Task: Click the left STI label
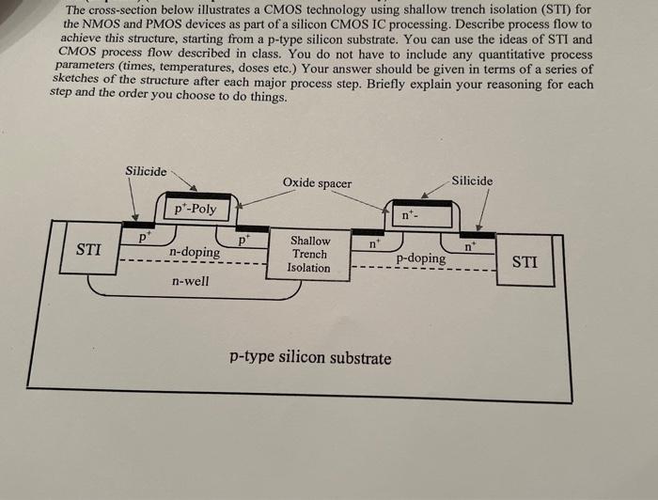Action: [88, 249]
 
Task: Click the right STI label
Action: [525, 261]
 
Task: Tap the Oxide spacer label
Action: [317, 183]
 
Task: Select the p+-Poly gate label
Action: [196, 209]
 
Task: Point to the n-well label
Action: [190, 280]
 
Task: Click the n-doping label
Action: [195, 252]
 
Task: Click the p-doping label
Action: [420, 258]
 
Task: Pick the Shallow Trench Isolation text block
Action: [310, 255]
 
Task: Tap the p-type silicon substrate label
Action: [310, 357]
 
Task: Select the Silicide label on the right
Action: [472, 180]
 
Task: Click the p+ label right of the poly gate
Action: [243, 239]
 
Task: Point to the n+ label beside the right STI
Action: [468, 247]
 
